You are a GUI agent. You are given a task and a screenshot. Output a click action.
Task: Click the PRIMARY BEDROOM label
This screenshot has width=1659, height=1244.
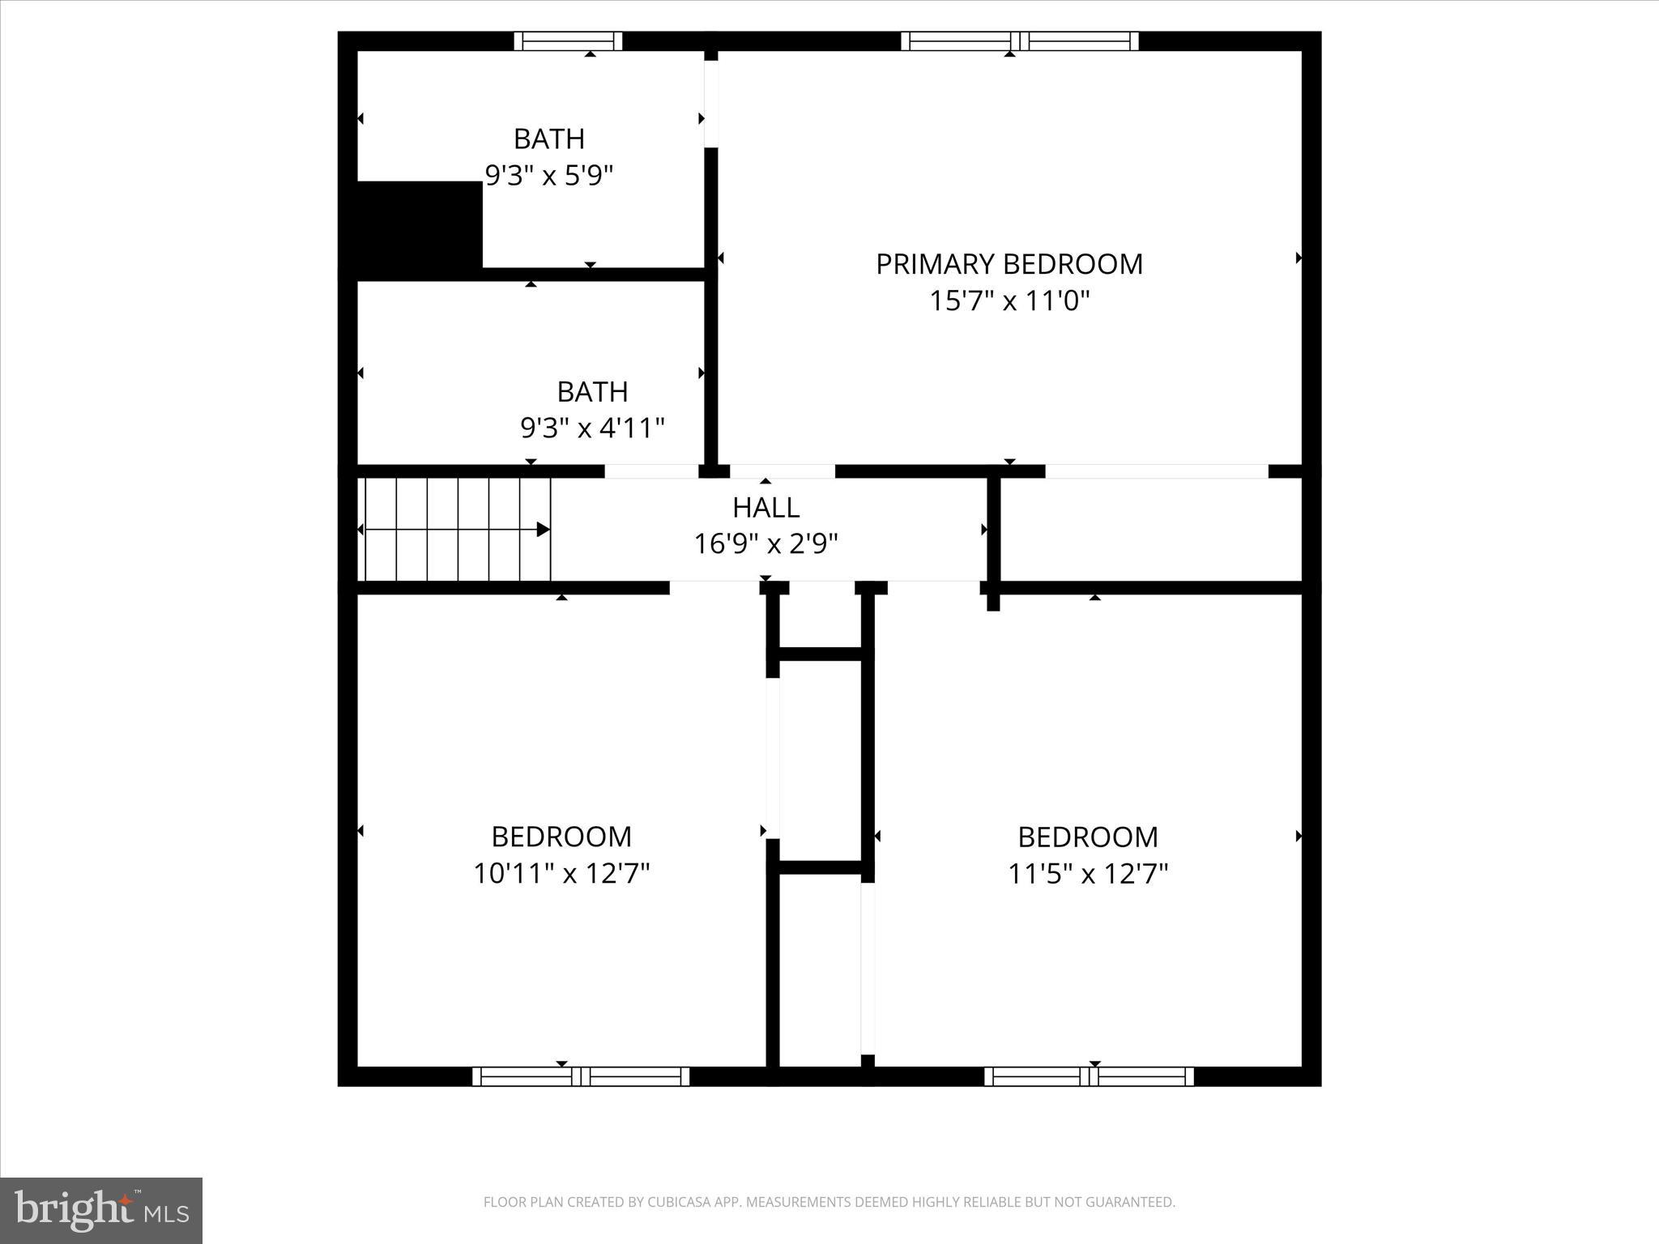coord(1009,264)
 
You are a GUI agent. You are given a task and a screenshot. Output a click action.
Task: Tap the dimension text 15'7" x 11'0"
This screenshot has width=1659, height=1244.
coord(1009,301)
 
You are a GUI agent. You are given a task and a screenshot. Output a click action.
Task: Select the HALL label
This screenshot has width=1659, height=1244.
coord(766,508)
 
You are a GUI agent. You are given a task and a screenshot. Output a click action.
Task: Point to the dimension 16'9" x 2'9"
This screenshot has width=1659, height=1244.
coord(766,543)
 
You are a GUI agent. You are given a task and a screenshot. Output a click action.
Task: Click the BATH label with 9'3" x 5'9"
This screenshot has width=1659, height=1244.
coord(548,139)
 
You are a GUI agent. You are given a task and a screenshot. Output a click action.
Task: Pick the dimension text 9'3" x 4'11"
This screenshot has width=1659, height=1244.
coord(592,428)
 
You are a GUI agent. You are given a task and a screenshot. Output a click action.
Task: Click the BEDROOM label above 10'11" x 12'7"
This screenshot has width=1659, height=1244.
coord(561,837)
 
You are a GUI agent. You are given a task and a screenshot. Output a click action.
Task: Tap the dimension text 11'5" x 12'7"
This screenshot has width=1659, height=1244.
coord(1087,874)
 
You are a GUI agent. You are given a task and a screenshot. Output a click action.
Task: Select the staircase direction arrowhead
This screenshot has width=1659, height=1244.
coord(544,530)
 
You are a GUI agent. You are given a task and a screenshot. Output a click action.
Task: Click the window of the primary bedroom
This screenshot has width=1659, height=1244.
coord(1019,41)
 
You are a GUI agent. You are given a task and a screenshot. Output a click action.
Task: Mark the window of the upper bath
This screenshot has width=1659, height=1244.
coord(568,41)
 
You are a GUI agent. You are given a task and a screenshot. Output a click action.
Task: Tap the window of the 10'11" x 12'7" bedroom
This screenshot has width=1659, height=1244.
coord(581,1076)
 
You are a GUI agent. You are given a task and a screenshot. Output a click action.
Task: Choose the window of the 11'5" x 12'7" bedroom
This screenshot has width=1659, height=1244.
coord(1089,1076)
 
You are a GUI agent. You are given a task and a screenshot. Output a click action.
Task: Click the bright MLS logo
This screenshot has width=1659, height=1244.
coord(101,1210)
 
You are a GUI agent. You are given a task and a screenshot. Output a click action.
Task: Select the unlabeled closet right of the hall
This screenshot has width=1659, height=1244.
coord(1150,530)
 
